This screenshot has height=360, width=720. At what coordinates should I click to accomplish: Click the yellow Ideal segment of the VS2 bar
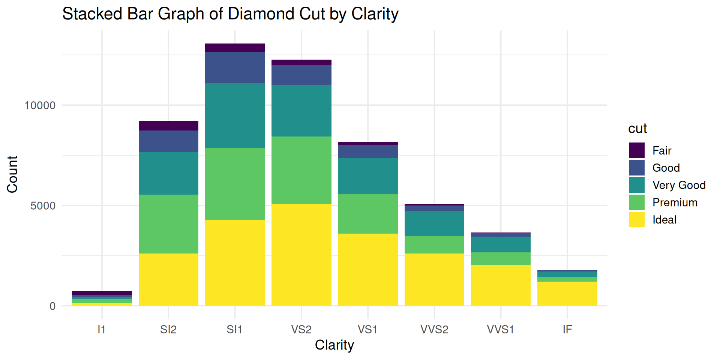[301, 255]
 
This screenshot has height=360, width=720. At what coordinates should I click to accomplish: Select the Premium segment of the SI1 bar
[235, 184]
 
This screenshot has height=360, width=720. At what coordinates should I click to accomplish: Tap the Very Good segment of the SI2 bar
[168, 173]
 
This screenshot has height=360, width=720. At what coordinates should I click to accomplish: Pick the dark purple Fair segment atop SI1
[235, 48]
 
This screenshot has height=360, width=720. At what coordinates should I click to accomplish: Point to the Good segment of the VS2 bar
[301, 75]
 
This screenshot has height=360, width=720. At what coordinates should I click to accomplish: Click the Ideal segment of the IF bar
[567, 294]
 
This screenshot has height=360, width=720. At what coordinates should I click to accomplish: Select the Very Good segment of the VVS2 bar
[434, 223]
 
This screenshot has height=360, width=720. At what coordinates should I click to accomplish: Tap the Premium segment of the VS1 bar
[367, 214]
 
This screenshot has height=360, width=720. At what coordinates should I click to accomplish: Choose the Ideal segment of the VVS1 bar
[501, 285]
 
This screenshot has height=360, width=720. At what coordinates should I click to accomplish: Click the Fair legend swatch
[637, 150]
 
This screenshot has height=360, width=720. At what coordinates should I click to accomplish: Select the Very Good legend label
[679, 185]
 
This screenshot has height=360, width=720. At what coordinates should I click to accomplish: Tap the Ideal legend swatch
[637, 220]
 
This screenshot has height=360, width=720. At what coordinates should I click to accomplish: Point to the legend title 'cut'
[637, 129]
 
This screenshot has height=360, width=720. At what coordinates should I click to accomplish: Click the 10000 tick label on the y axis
[40, 105]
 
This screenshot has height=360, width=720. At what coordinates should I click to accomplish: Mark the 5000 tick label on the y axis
[43, 206]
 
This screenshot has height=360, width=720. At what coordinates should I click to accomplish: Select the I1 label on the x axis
[102, 330]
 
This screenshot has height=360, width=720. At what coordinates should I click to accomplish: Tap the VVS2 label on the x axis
[434, 330]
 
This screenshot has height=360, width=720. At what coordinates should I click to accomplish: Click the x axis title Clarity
[334, 345]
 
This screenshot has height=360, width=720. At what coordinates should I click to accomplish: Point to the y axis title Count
[12, 174]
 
